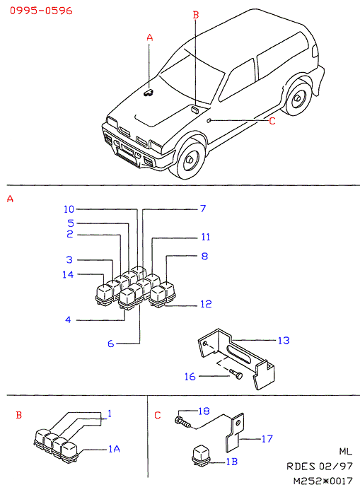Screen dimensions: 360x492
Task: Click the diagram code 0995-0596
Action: (41, 11)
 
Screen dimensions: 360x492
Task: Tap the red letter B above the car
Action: (196, 15)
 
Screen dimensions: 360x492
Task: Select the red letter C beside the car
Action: (272, 121)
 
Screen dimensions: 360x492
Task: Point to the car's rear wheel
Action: (296, 98)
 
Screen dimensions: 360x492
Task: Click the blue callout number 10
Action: (69, 209)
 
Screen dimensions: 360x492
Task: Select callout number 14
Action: (68, 274)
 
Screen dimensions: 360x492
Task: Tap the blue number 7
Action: (203, 209)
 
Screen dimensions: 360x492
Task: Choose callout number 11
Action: (206, 237)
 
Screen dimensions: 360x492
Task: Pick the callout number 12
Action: (206, 304)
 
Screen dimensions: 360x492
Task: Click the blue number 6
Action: (111, 344)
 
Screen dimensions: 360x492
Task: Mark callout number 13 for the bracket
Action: (284, 341)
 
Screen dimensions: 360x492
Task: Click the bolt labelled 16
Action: (236, 374)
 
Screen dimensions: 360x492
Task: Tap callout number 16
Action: (190, 377)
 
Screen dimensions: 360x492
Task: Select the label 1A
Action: (114, 450)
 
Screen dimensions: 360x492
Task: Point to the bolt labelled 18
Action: (182, 421)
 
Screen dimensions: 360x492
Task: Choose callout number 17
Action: (267, 439)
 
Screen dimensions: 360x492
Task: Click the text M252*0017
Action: (323, 481)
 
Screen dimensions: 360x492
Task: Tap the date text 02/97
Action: (336, 467)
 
